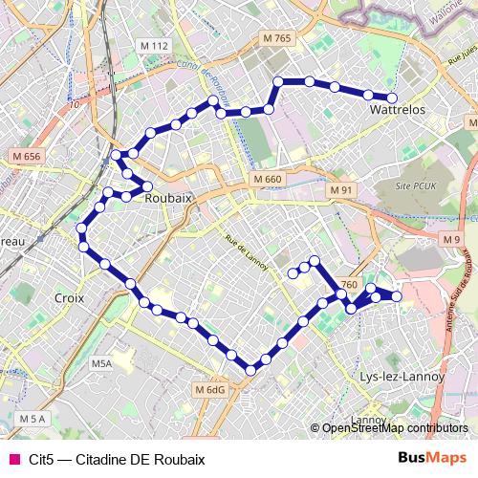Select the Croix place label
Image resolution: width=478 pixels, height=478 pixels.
[70, 298]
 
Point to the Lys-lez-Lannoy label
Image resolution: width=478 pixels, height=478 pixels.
[402, 377]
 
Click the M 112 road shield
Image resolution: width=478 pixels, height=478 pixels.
[153, 46]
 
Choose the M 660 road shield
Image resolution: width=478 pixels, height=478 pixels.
[268, 180]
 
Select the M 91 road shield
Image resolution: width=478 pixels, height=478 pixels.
[341, 190]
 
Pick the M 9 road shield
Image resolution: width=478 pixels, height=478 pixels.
[451, 239]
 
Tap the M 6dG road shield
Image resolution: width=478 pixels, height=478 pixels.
[210, 390]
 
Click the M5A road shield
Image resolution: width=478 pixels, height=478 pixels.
[102, 364]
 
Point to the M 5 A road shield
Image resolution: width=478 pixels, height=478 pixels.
[32, 419]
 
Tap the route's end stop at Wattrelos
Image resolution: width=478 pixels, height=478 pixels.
[392, 98]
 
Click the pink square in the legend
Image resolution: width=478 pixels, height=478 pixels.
[14, 459]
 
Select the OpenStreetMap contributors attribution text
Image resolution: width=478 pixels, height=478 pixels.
[395, 428]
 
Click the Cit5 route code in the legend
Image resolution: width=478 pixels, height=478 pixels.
[40, 459]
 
